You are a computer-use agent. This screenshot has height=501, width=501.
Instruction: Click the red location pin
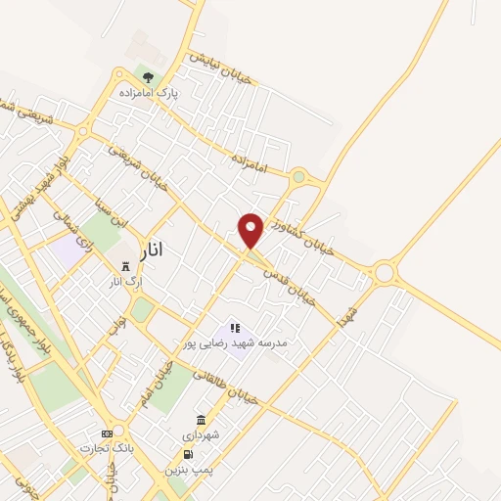tap(251, 231)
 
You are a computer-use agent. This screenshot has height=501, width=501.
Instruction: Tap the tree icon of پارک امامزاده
tap(148, 75)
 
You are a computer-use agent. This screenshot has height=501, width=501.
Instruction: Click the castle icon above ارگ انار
tap(124, 266)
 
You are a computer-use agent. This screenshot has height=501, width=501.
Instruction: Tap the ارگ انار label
tap(126, 282)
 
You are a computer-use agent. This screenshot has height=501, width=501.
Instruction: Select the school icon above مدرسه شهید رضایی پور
tap(235, 329)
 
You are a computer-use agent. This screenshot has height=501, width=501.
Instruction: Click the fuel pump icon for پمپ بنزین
tap(187, 455)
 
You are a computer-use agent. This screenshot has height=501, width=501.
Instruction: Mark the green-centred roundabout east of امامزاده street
tap(298, 177)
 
